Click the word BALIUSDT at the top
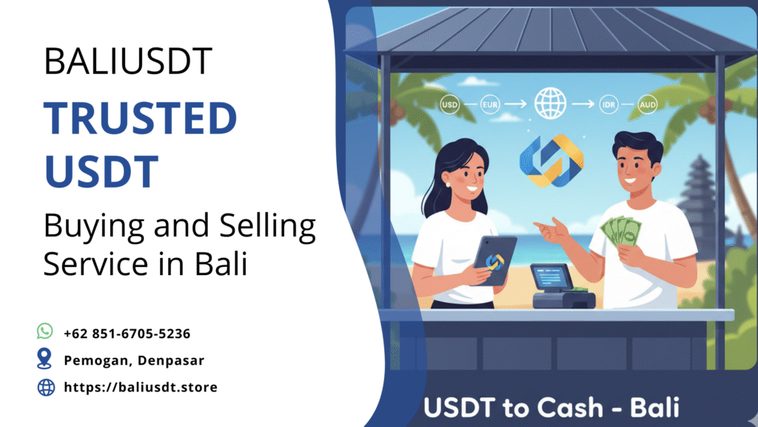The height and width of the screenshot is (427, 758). [x=128, y=61]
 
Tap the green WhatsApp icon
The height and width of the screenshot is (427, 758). [x=45, y=331]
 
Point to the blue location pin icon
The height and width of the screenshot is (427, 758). [x=45, y=359]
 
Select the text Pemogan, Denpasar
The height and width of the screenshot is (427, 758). [x=134, y=360]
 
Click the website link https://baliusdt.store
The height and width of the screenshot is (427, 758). [x=141, y=387]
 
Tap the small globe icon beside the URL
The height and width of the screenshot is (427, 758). [x=46, y=387]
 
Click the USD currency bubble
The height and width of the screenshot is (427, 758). [x=449, y=105]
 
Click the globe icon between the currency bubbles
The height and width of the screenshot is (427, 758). [x=549, y=104]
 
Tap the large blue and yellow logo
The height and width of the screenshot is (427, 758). [x=551, y=161]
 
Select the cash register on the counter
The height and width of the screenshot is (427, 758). [x=561, y=288]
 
